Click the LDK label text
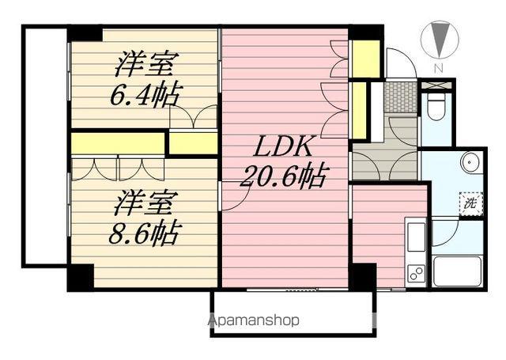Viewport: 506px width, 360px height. pos(285,147)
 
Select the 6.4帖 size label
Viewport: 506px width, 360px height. pos(143,93)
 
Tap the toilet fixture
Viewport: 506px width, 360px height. pos(436,107)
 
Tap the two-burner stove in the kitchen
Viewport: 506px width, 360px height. pos(416,273)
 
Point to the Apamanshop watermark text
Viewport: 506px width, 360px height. pos(255,320)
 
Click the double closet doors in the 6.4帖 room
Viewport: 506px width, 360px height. pos(192,118)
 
